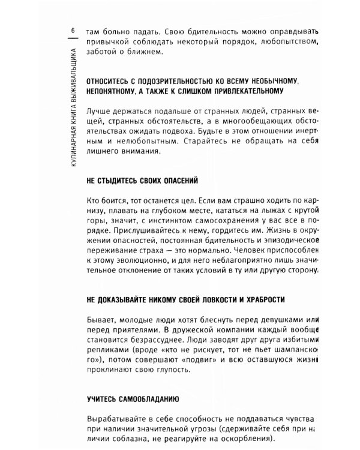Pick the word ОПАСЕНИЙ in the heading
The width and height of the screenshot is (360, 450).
(x=180, y=179)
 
